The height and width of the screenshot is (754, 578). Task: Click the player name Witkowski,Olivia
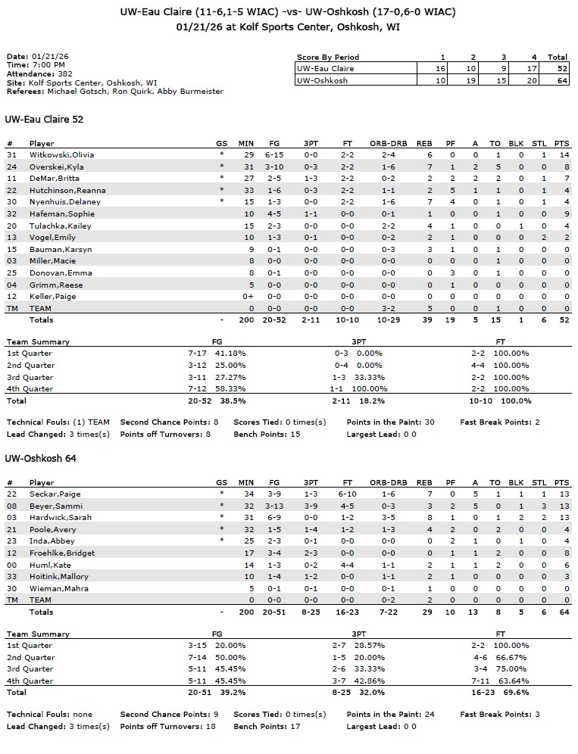(x=61, y=154)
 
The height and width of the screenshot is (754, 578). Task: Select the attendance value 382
(x=65, y=74)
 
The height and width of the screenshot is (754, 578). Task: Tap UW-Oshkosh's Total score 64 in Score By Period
(x=558, y=79)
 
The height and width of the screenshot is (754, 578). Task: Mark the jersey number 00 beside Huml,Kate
(x=11, y=565)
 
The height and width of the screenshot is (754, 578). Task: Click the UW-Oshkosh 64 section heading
(x=41, y=459)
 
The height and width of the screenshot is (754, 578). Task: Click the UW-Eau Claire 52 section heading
(x=44, y=120)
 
